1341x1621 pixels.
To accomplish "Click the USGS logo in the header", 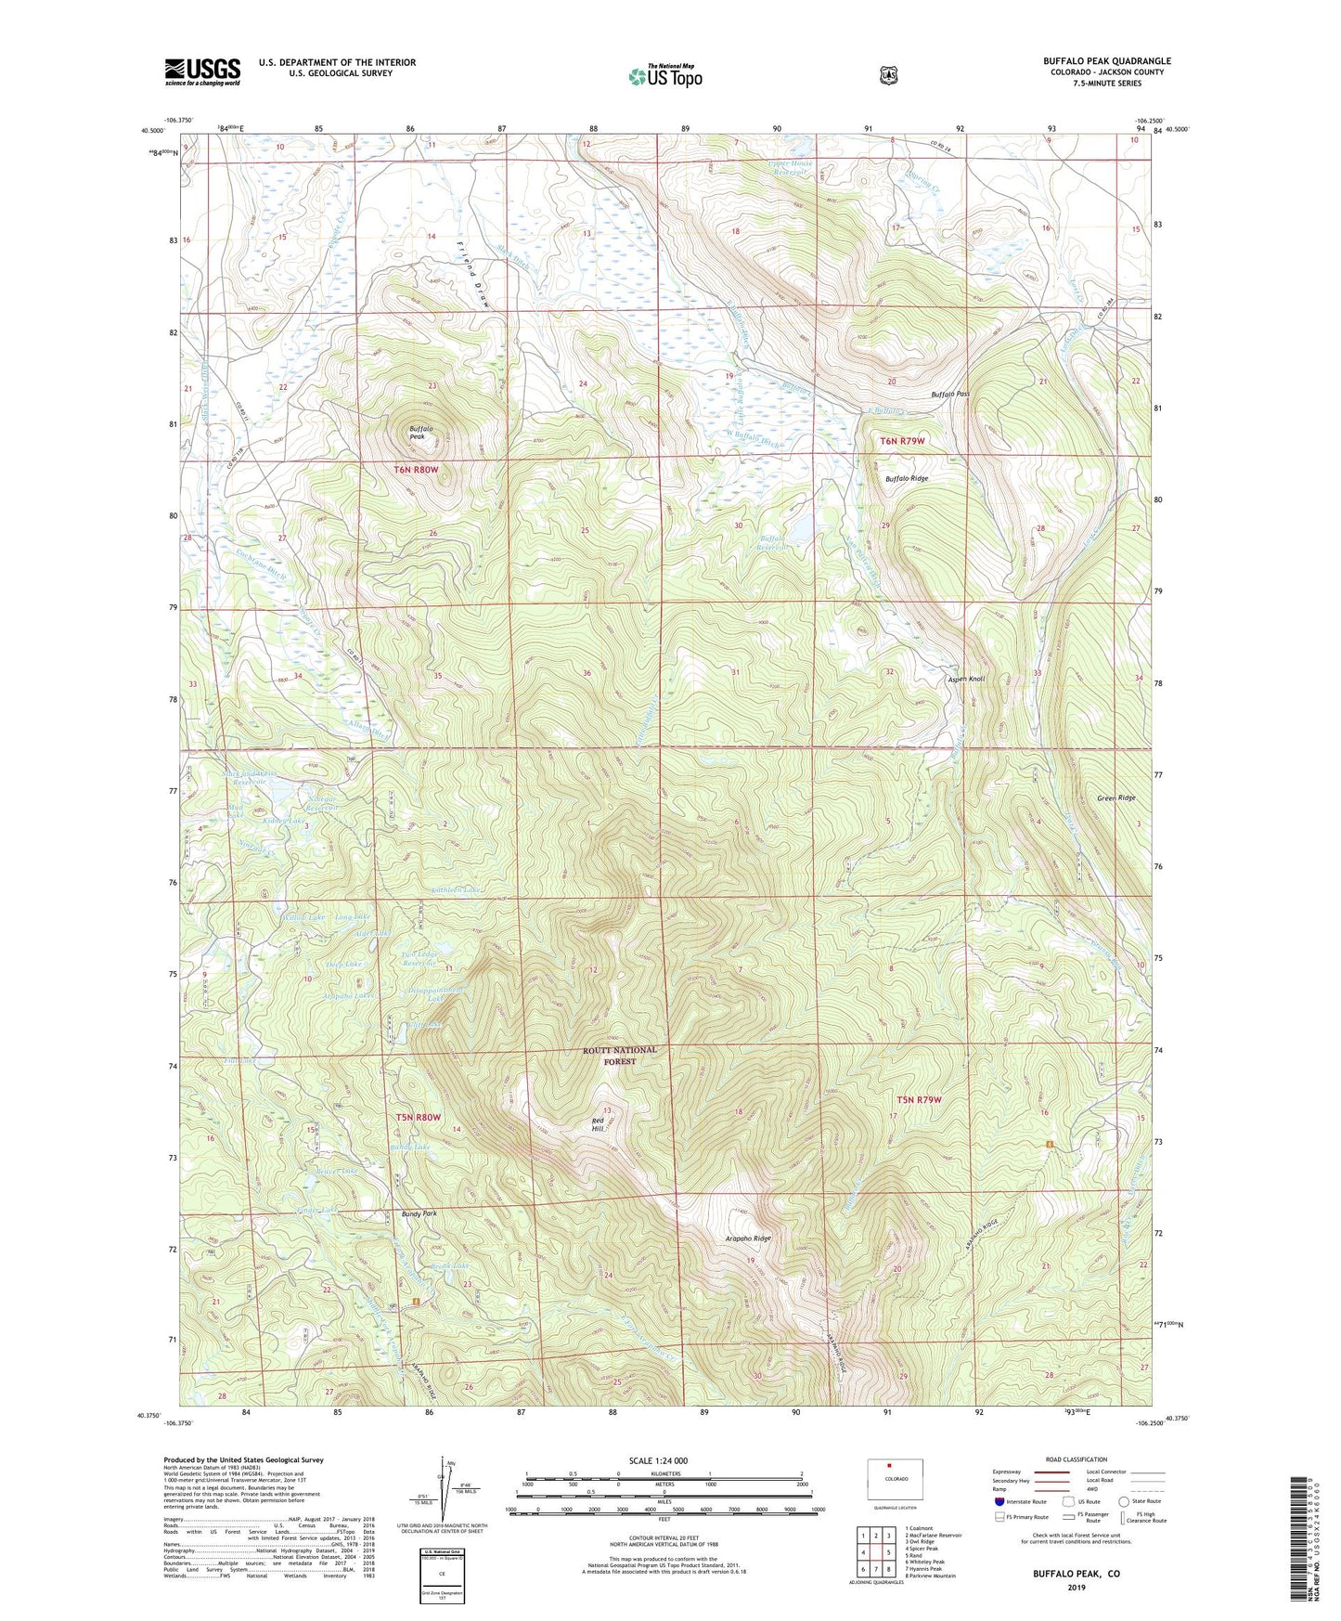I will [202, 71].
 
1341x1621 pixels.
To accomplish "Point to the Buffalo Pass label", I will [950, 395].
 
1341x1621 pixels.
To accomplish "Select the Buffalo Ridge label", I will [906, 479].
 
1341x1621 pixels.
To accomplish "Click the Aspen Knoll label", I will [966, 679].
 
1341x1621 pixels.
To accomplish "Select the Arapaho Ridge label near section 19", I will [747, 1238].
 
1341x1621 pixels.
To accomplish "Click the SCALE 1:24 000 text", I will [658, 1460].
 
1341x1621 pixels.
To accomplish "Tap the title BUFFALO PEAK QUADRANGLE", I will [1106, 61].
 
